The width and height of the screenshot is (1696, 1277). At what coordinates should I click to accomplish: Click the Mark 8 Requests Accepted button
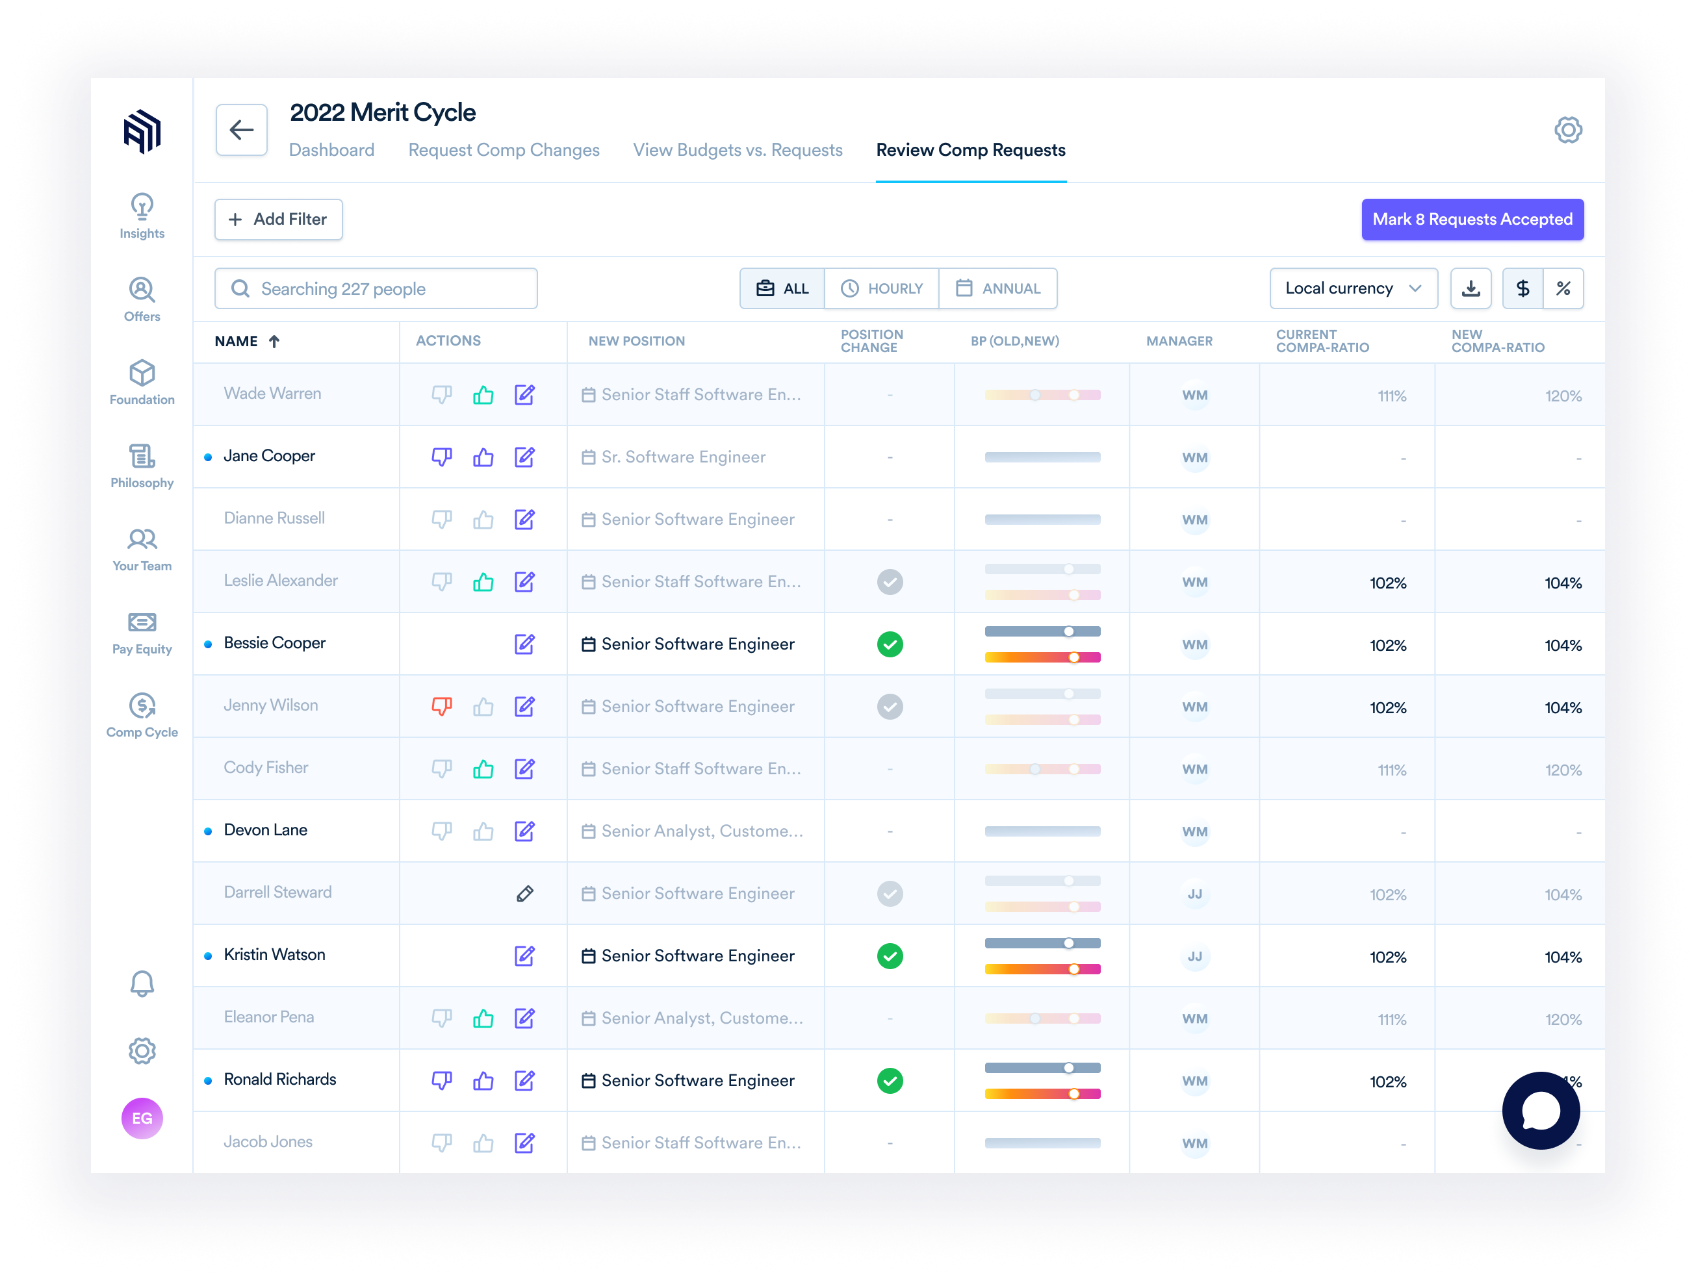[1471, 220]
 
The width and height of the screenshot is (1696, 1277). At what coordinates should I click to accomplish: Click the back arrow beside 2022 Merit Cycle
[242, 129]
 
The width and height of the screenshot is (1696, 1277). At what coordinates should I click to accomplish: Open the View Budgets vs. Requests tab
[737, 150]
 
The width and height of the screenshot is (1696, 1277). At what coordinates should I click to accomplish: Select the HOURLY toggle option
[881, 288]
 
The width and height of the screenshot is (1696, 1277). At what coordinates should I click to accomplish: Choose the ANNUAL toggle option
[997, 288]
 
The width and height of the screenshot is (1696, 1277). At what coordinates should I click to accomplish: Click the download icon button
[1470, 288]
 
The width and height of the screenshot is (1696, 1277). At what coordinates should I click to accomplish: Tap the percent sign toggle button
[1563, 288]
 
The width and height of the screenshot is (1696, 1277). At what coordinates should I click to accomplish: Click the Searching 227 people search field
[376, 288]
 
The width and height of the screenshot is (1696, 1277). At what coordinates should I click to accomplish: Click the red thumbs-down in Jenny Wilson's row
[442, 706]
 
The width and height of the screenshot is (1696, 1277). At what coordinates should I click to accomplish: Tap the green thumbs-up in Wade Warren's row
[483, 395]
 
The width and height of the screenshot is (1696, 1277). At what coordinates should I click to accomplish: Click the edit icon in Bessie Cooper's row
[524, 644]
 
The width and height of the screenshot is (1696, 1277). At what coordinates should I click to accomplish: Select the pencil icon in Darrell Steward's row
[524, 894]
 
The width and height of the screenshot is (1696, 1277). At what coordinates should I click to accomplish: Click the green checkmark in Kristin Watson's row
[890, 956]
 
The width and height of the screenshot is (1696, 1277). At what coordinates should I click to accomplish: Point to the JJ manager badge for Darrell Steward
[1194, 894]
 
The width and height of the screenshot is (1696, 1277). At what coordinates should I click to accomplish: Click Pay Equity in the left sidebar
[142, 633]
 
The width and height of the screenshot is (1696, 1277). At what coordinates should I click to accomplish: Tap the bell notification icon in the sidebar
[142, 983]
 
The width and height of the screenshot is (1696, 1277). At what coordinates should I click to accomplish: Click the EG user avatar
[142, 1119]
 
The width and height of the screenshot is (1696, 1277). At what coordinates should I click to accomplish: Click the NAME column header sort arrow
[274, 341]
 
